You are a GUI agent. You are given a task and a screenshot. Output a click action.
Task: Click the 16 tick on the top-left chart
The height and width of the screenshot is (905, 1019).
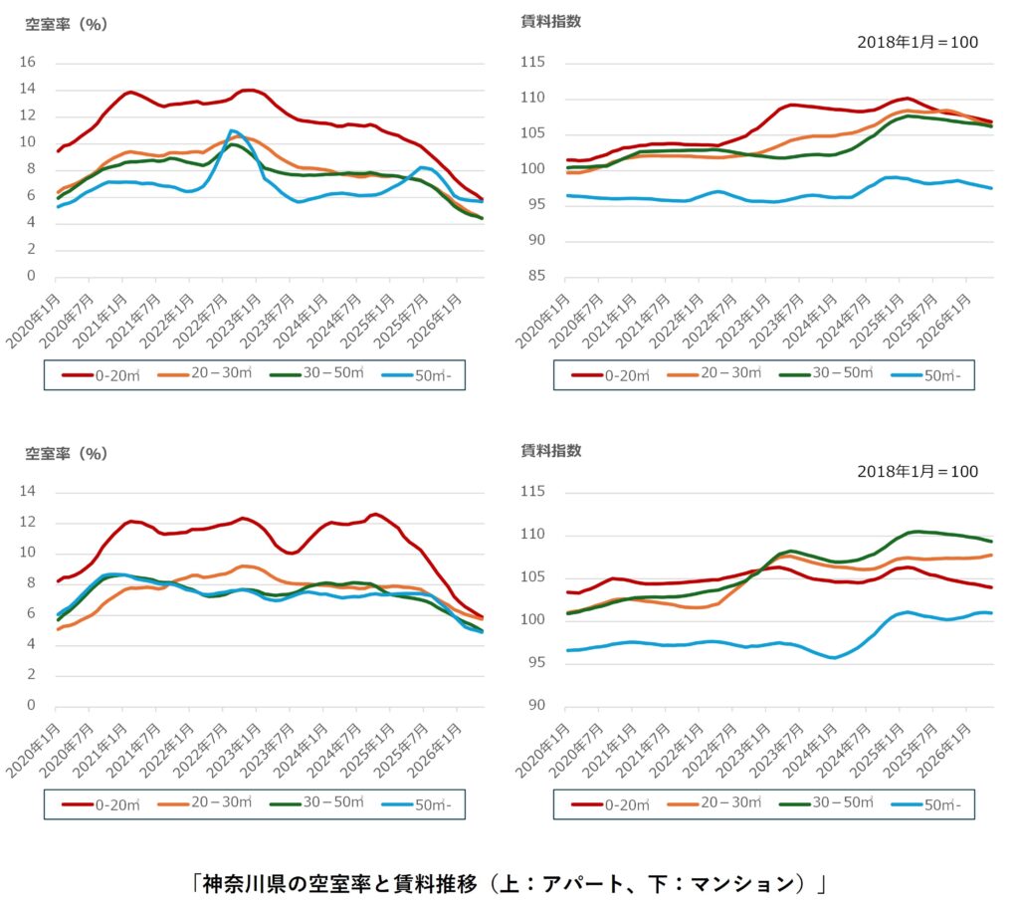27,63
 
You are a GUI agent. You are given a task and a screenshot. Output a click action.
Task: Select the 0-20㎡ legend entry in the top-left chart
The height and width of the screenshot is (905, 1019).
101,375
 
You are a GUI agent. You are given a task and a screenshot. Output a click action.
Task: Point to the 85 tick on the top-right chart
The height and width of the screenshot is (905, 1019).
536,276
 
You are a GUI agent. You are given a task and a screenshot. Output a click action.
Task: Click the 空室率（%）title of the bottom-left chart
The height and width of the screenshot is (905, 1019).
67,454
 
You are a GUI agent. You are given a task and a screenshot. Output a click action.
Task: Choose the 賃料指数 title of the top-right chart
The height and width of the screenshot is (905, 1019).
551,22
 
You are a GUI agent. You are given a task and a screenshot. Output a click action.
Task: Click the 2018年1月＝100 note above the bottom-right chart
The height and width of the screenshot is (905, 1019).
917,471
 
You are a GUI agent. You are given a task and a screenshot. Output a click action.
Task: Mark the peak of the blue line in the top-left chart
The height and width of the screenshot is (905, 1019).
231,130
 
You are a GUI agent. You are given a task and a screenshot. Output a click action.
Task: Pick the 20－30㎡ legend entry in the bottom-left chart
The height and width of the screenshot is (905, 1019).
205,802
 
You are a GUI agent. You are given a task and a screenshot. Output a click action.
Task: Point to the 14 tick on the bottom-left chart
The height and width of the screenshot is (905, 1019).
27,492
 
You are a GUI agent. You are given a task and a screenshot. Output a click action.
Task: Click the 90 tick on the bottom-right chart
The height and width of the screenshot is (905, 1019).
536,706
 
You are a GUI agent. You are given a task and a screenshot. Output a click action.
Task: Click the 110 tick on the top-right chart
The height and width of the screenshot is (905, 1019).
533,99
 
